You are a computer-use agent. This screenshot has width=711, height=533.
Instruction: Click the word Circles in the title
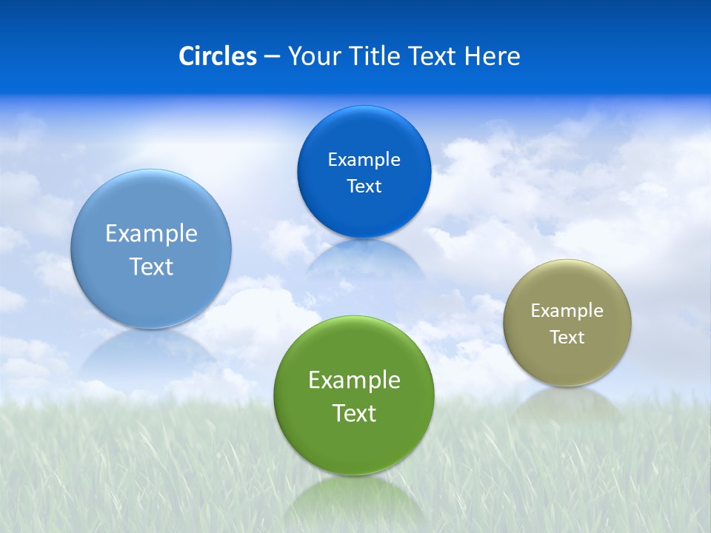[218, 56]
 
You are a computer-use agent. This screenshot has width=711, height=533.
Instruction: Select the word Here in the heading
[492, 56]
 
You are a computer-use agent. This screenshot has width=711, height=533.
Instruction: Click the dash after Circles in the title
[271, 57]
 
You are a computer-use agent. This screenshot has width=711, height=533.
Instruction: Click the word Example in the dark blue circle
[364, 160]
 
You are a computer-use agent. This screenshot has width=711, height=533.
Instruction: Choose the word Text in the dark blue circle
[364, 187]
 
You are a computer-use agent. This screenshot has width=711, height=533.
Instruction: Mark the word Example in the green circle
[354, 381]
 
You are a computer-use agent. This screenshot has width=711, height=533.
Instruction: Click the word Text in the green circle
[354, 413]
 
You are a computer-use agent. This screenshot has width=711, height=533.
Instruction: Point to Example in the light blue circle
[151, 234]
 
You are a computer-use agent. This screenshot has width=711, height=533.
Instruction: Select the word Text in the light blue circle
[151, 266]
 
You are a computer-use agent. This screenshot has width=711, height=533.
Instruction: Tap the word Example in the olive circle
[567, 311]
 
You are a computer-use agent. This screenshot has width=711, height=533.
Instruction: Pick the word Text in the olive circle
[567, 338]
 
